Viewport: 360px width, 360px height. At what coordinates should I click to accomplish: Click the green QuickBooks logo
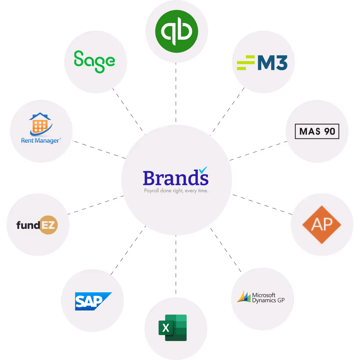pos(176,31)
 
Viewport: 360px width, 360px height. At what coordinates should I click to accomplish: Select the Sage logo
pos(94,61)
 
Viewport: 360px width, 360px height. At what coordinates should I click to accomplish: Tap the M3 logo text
pos(272,63)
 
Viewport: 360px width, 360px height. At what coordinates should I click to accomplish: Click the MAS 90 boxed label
pos(317,131)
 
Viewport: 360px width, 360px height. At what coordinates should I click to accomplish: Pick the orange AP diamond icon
pos(321,225)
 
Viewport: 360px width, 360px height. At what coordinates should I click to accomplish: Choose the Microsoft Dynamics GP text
pos(268,298)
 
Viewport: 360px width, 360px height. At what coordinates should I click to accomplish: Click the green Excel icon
pos(173,328)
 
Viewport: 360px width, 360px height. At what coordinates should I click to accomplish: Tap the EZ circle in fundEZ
pos(48,225)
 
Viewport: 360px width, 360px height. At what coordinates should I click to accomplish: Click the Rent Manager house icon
pos(40,124)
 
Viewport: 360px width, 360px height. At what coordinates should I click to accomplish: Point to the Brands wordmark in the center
pos(175,178)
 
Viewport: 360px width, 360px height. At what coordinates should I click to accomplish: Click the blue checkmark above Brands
pos(203,170)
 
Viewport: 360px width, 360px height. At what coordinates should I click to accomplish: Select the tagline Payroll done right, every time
pos(176,191)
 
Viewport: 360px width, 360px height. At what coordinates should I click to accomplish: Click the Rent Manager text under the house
pos(40,141)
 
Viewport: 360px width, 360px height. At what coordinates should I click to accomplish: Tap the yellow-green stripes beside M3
pos(246,63)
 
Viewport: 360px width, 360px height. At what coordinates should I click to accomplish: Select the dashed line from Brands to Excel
pos(176,266)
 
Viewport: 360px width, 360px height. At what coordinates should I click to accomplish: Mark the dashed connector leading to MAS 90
pos(258,151)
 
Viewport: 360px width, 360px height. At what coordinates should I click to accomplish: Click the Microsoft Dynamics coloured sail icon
pos(244,297)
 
